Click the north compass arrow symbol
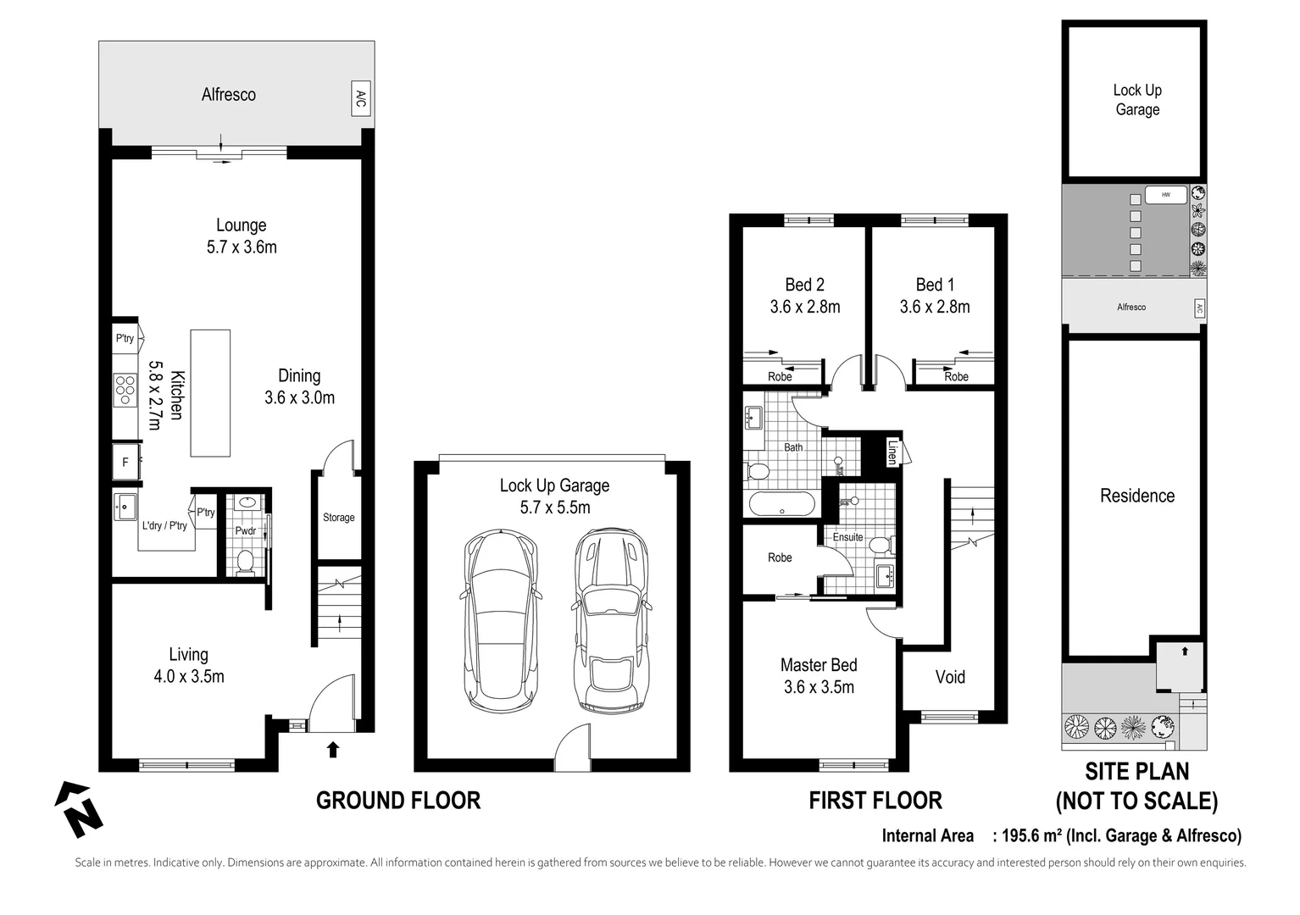click(x=78, y=809)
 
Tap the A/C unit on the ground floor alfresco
click(x=361, y=99)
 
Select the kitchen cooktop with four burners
click(x=125, y=391)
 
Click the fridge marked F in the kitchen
click(x=126, y=462)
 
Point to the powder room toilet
click(x=246, y=561)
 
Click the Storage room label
click(x=338, y=518)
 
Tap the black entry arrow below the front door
click(x=333, y=749)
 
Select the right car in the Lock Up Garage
click(x=612, y=621)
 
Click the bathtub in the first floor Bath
click(x=781, y=504)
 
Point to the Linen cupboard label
click(x=892, y=452)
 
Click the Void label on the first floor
click(x=950, y=677)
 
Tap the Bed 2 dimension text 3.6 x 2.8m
click(x=804, y=307)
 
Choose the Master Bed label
click(x=819, y=665)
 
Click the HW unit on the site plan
click(x=1165, y=195)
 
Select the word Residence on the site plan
click(x=1136, y=496)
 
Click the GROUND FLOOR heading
click(x=397, y=801)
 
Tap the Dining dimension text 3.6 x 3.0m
click(x=299, y=397)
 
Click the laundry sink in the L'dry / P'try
click(x=125, y=507)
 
